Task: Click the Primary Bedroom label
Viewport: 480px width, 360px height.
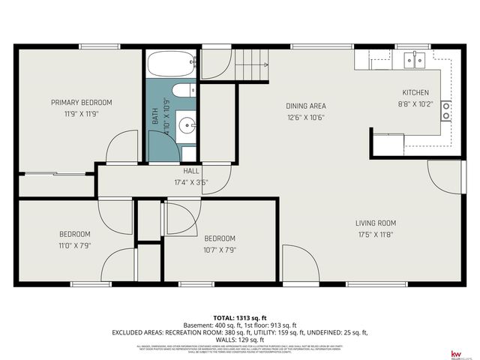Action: click(x=81, y=102)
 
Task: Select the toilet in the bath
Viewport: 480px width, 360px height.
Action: click(x=180, y=92)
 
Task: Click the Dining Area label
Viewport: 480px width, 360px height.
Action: click(x=305, y=106)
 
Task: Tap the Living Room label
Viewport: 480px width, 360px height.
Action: click(x=376, y=223)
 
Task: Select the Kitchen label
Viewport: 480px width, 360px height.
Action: click(x=415, y=93)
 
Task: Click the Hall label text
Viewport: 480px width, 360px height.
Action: click(x=191, y=171)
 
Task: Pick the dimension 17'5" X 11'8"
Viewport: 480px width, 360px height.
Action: click(x=376, y=234)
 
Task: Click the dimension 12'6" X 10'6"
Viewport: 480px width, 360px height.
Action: click(x=305, y=117)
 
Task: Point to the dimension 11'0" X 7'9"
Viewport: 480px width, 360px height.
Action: click(x=74, y=245)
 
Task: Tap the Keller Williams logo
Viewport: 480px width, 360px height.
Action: click(x=455, y=353)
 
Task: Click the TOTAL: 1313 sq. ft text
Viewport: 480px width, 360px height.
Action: click(x=240, y=317)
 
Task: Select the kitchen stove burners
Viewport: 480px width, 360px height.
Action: click(x=445, y=111)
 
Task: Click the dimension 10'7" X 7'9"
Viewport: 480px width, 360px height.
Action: click(x=220, y=250)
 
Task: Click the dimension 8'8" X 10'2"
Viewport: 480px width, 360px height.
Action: click(x=415, y=104)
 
